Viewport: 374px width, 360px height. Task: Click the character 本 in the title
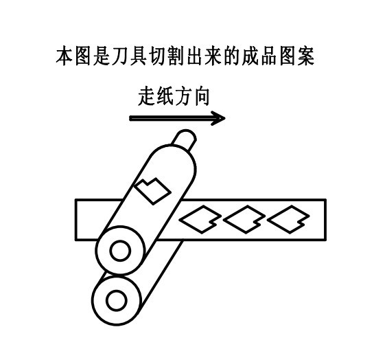65,56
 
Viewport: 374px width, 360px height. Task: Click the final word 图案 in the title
297,56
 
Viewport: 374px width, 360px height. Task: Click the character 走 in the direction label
147,96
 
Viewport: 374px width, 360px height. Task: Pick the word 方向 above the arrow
192,96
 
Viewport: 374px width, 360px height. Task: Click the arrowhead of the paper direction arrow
219,118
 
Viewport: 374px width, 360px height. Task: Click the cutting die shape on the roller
153,191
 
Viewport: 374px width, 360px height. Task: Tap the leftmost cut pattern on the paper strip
200,219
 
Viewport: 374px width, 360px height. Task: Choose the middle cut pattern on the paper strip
244,219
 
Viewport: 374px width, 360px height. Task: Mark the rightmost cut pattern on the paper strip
288,219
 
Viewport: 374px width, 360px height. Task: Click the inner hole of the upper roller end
120,251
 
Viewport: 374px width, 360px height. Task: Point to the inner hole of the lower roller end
117,300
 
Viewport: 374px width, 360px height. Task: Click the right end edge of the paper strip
325,220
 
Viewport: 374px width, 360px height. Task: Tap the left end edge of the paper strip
76,220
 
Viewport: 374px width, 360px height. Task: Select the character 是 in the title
102,56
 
